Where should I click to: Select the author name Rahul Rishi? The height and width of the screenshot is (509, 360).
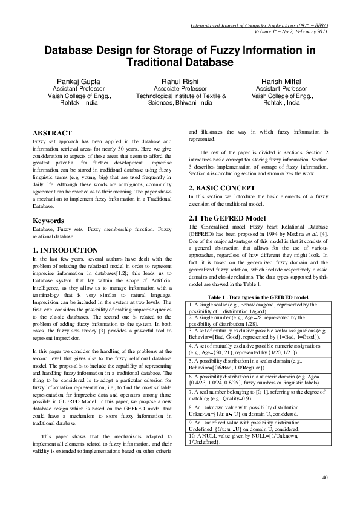[x=180, y=80]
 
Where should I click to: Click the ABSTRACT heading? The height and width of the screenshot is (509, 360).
[x=52, y=132]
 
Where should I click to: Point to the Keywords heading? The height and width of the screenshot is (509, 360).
[x=49, y=221]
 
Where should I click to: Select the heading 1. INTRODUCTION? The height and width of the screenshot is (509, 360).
[x=65, y=250]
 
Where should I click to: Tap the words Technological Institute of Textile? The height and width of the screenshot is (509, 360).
[x=181, y=96]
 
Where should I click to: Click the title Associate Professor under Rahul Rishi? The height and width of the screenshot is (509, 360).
[x=180, y=88]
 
